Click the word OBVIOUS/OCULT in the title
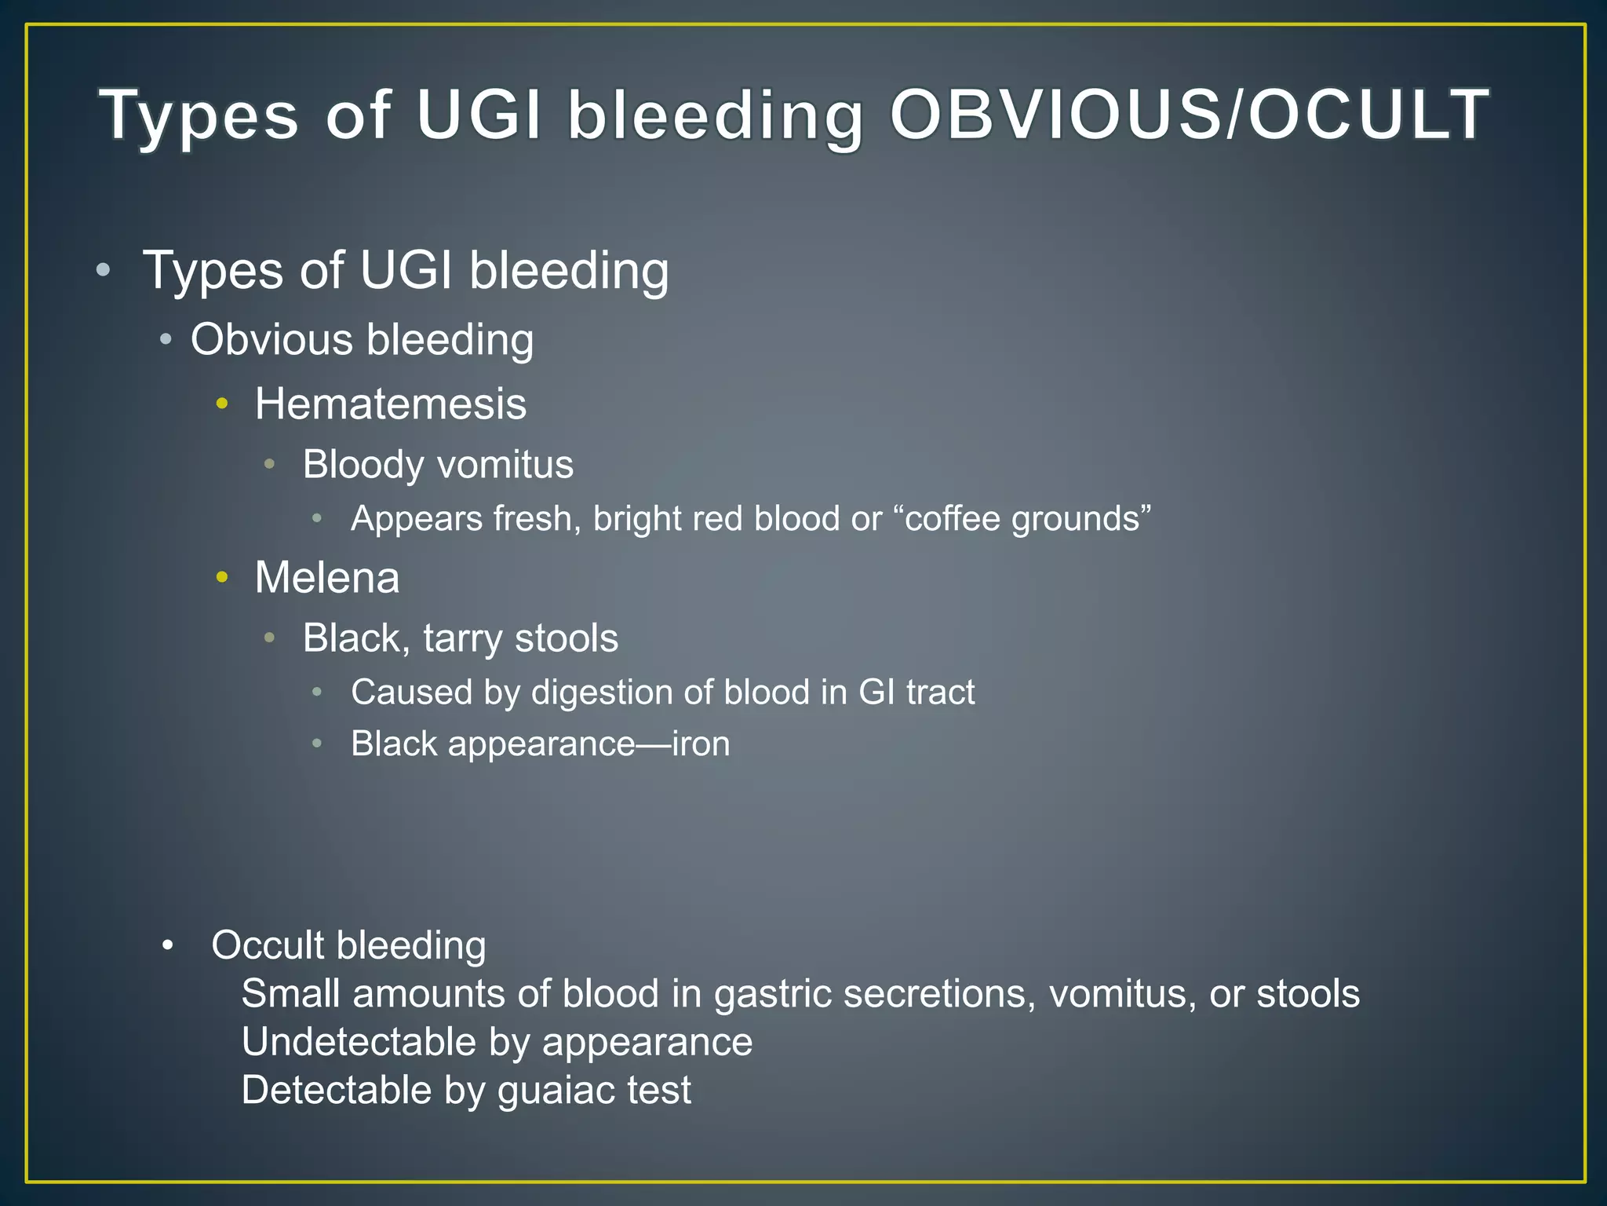click(x=1189, y=115)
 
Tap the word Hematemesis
click(x=390, y=404)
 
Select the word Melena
click(x=327, y=578)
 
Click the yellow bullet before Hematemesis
click(x=222, y=404)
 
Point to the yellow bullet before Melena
click(x=222, y=578)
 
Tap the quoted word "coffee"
click(x=948, y=518)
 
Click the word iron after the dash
click(x=701, y=744)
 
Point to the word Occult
click(x=268, y=945)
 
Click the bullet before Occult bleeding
click(x=167, y=946)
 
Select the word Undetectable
click(x=359, y=1042)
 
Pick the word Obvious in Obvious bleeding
click(x=271, y=340)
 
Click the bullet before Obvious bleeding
click(x=165, y=341)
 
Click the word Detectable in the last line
click(x=336, y=1091)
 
